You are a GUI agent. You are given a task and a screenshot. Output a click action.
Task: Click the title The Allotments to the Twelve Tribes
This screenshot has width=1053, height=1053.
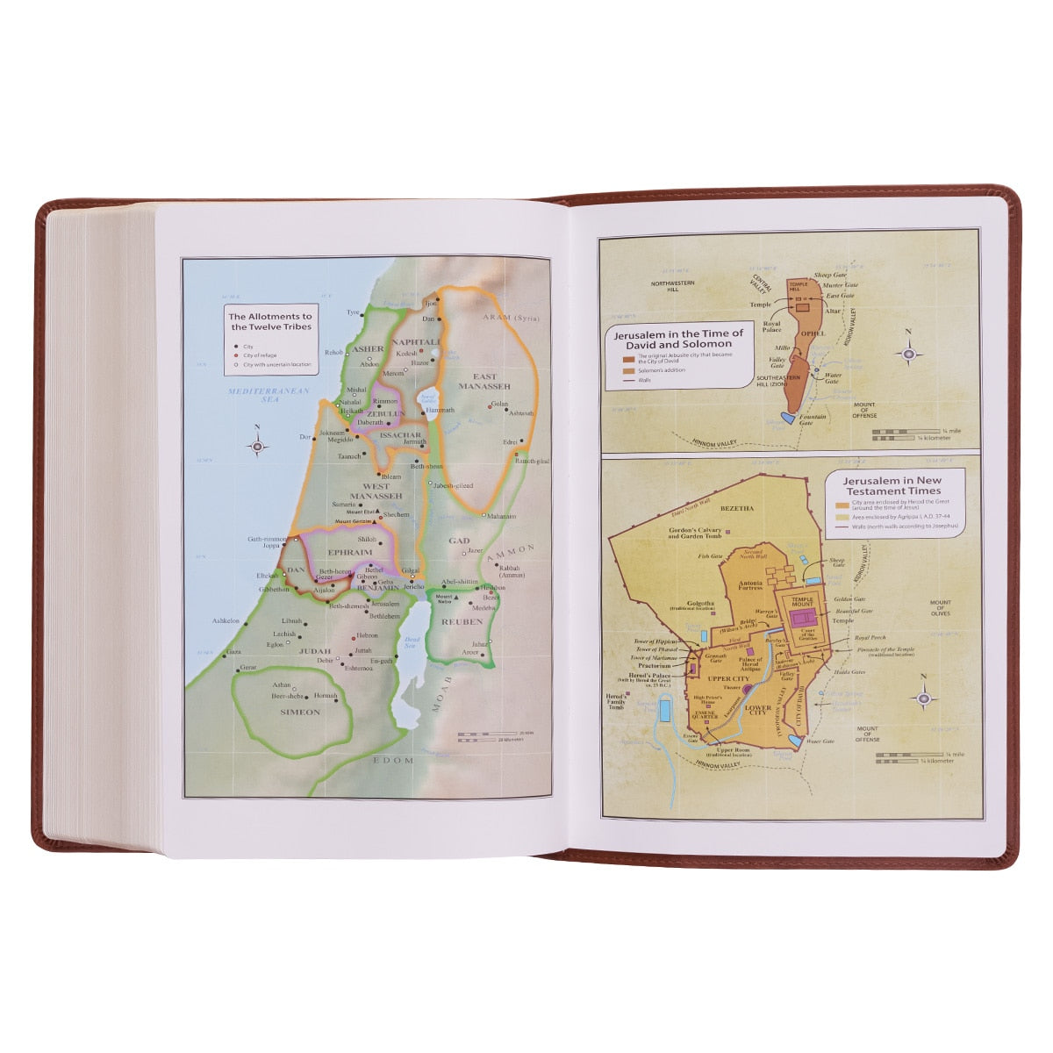[x=270, y=321]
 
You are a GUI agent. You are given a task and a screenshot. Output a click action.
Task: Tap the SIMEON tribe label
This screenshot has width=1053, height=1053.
[x=300, y=712]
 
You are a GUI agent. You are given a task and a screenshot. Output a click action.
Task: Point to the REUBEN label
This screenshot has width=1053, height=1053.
[x=464, y=621]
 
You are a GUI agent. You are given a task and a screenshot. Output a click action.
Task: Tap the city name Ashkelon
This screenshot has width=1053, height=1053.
[x=226, y=620]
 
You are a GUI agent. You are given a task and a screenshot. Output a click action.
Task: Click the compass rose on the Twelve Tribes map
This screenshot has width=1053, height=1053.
[x=257, y=446]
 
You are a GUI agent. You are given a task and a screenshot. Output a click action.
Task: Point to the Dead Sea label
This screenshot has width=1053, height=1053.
[x=412, y=643]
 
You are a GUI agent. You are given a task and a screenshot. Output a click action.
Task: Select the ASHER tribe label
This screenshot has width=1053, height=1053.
[x=368, y=348]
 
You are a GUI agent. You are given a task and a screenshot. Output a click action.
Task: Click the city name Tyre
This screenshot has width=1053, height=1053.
[x=353, y=312]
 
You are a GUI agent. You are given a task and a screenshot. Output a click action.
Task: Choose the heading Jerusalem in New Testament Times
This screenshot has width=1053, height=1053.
[x=892, y=486]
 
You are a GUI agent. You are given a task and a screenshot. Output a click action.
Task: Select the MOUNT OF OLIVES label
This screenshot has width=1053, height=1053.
[x=940, y=607]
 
